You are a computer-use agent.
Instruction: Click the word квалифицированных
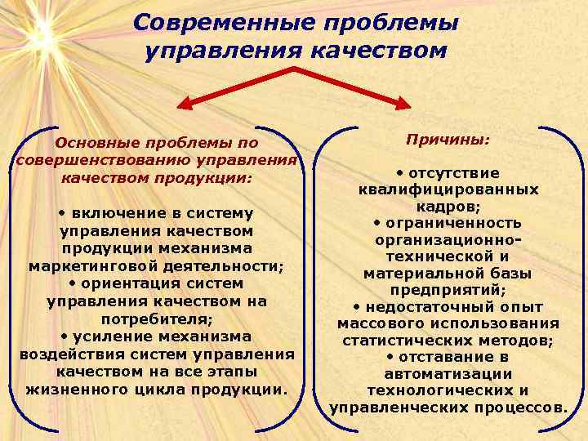448,189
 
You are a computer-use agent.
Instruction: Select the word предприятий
448,289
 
